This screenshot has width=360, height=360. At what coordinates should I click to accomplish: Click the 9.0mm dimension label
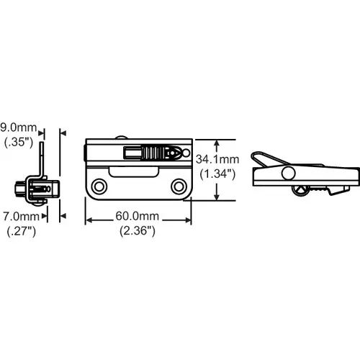click(x=19, y=127)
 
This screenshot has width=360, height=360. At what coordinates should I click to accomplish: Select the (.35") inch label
click(x=19, y=142)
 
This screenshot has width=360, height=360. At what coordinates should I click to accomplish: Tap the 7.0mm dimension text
click(x=21, y=217)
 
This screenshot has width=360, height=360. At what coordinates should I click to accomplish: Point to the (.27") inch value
click(x=22, y=231)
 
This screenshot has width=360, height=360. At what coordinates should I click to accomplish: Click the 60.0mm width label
click(x=138, y=216)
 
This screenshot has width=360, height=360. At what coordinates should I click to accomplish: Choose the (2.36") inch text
click(x=138, y=231)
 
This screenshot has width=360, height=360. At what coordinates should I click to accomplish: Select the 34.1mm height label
click(x=217, y=159)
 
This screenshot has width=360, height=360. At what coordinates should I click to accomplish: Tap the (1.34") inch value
click(x=217, y=174)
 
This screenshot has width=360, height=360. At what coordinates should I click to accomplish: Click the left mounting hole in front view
click(x=99, y=186)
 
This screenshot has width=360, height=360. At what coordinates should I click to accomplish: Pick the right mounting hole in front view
click(x=179, y=186)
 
